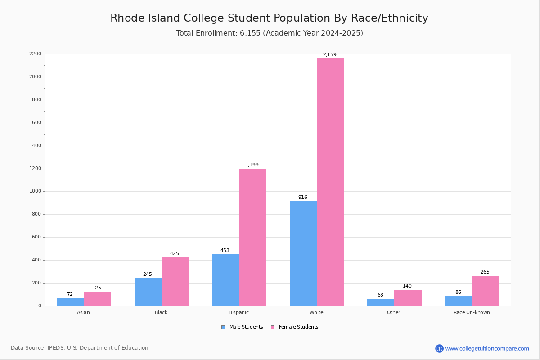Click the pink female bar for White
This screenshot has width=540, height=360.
click(x=330, y=182)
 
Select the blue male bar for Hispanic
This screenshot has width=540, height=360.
click(x=225, y=280)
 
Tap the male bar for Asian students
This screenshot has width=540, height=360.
click(x=70, y=302)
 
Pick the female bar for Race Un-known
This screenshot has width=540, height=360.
click(x=486, y=291)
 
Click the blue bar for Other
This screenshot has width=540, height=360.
click(x=381, y=302)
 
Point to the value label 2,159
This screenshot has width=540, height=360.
click(x=329, y=55)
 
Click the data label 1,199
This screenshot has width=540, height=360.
click(x=252, y=165)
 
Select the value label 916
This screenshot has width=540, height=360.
click(x=303, y=198)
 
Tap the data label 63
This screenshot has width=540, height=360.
click(x=380, y=295)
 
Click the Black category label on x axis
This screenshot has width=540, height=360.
click(x=161, y=312)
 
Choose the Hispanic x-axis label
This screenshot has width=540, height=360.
click(x=238, y=312)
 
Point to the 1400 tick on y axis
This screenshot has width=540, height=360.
click(x=35, y=146)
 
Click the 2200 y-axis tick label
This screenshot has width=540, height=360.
click(x=35, y=54)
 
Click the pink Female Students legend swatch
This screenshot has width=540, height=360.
click(x=273, y=327)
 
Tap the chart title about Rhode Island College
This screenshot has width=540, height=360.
click(x=269, y=18)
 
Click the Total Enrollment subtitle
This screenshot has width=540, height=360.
click(x=270, y=33)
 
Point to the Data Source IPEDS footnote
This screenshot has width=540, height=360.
click(x=80, y=348)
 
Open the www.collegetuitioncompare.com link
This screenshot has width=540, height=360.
click(x=487, y=348)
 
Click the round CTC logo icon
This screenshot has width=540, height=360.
click(x=439, y=348)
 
